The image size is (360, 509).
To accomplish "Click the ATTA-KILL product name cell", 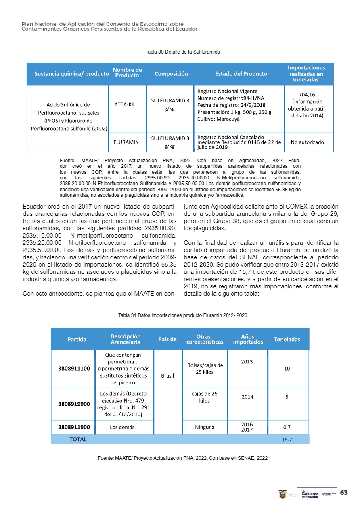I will [x=126, y=104].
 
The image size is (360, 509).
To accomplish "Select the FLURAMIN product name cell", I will [x=126, y=142].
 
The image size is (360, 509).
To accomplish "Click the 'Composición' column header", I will [x=171, y=74].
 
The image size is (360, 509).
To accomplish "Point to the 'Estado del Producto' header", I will [x=241, y=74].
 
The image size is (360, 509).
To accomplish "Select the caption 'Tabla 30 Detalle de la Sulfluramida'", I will [x=182, y=52].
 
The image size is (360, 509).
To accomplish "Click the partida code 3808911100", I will [x=74, y=368].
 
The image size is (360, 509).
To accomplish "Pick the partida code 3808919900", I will [x=74, y=403].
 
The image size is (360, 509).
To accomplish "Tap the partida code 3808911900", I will [x=74, y=427].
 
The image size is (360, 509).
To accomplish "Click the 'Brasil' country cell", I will [x=167, y=375].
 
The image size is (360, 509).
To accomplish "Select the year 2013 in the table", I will [x=247, y=361].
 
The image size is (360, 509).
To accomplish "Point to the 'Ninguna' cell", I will [x=205, y=427].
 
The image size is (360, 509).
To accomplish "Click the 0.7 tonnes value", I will [x=287, y=427].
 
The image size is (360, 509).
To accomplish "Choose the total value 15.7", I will [x=287, y=439].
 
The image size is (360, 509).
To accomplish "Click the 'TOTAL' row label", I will [x=78, y=439].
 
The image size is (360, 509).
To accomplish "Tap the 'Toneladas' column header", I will [x=287, y=339].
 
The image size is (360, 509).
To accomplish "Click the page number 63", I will [x=344, y=493].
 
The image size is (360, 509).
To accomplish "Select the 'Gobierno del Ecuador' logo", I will [x=310, y=494].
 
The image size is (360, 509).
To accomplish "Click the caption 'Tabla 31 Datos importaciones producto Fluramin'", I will [x=182, y=315].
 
